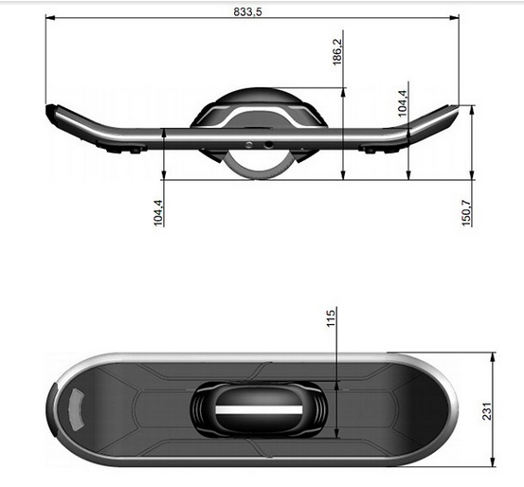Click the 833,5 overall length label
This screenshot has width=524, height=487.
253,10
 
